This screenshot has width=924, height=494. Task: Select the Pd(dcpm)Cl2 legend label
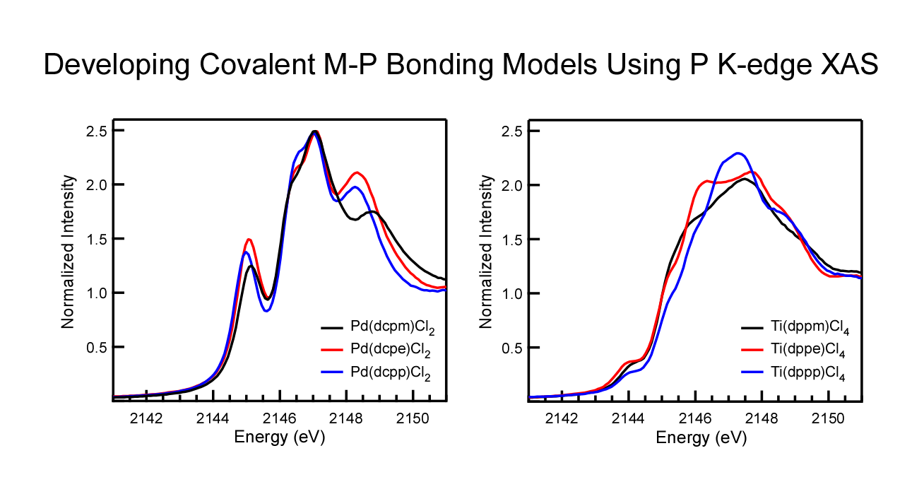[x=392, y=329]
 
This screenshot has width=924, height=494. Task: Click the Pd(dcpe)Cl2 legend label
[x=392, y=351]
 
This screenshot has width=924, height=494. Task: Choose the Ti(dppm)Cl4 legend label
[x=810, y=329]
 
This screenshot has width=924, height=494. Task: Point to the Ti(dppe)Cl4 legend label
[x=810, y=351]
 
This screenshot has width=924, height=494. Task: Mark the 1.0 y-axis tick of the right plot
[x=515, y=293]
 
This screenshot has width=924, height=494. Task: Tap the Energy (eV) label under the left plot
[x=279, y=437]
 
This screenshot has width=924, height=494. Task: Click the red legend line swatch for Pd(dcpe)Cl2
[x=332, y=351]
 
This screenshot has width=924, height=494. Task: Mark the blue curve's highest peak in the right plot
[x=738, y=153]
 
